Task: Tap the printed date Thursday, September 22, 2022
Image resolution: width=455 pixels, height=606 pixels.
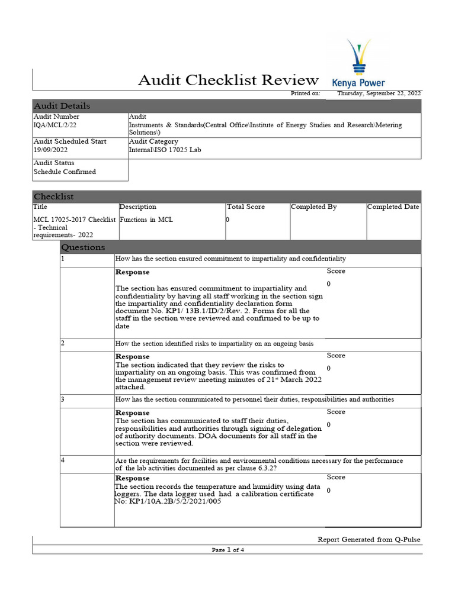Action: pos(379,94)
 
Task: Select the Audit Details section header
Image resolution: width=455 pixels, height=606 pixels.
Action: pos(62,106)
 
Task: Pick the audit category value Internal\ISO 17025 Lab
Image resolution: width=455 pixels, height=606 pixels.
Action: pos(165,150)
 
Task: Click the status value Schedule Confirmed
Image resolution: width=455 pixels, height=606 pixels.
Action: pos(65,172)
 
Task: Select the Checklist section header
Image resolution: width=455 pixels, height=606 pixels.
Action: pos(54,196)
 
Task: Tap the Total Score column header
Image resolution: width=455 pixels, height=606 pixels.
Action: pos(246,207)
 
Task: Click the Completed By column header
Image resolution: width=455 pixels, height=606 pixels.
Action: pos(314,207)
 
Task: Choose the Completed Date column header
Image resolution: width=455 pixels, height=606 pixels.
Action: pos(393,207)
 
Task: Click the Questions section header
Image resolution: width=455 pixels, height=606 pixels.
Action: pos(84,247)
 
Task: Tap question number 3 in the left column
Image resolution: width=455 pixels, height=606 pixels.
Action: pos(63,399)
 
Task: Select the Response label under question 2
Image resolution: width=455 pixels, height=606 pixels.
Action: pos(132,357)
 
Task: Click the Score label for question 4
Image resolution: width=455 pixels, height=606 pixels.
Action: pos(336,477)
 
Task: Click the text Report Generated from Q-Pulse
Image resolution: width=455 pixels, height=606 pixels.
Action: pos(369,539)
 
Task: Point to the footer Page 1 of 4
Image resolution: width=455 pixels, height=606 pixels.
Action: pos(228,550)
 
